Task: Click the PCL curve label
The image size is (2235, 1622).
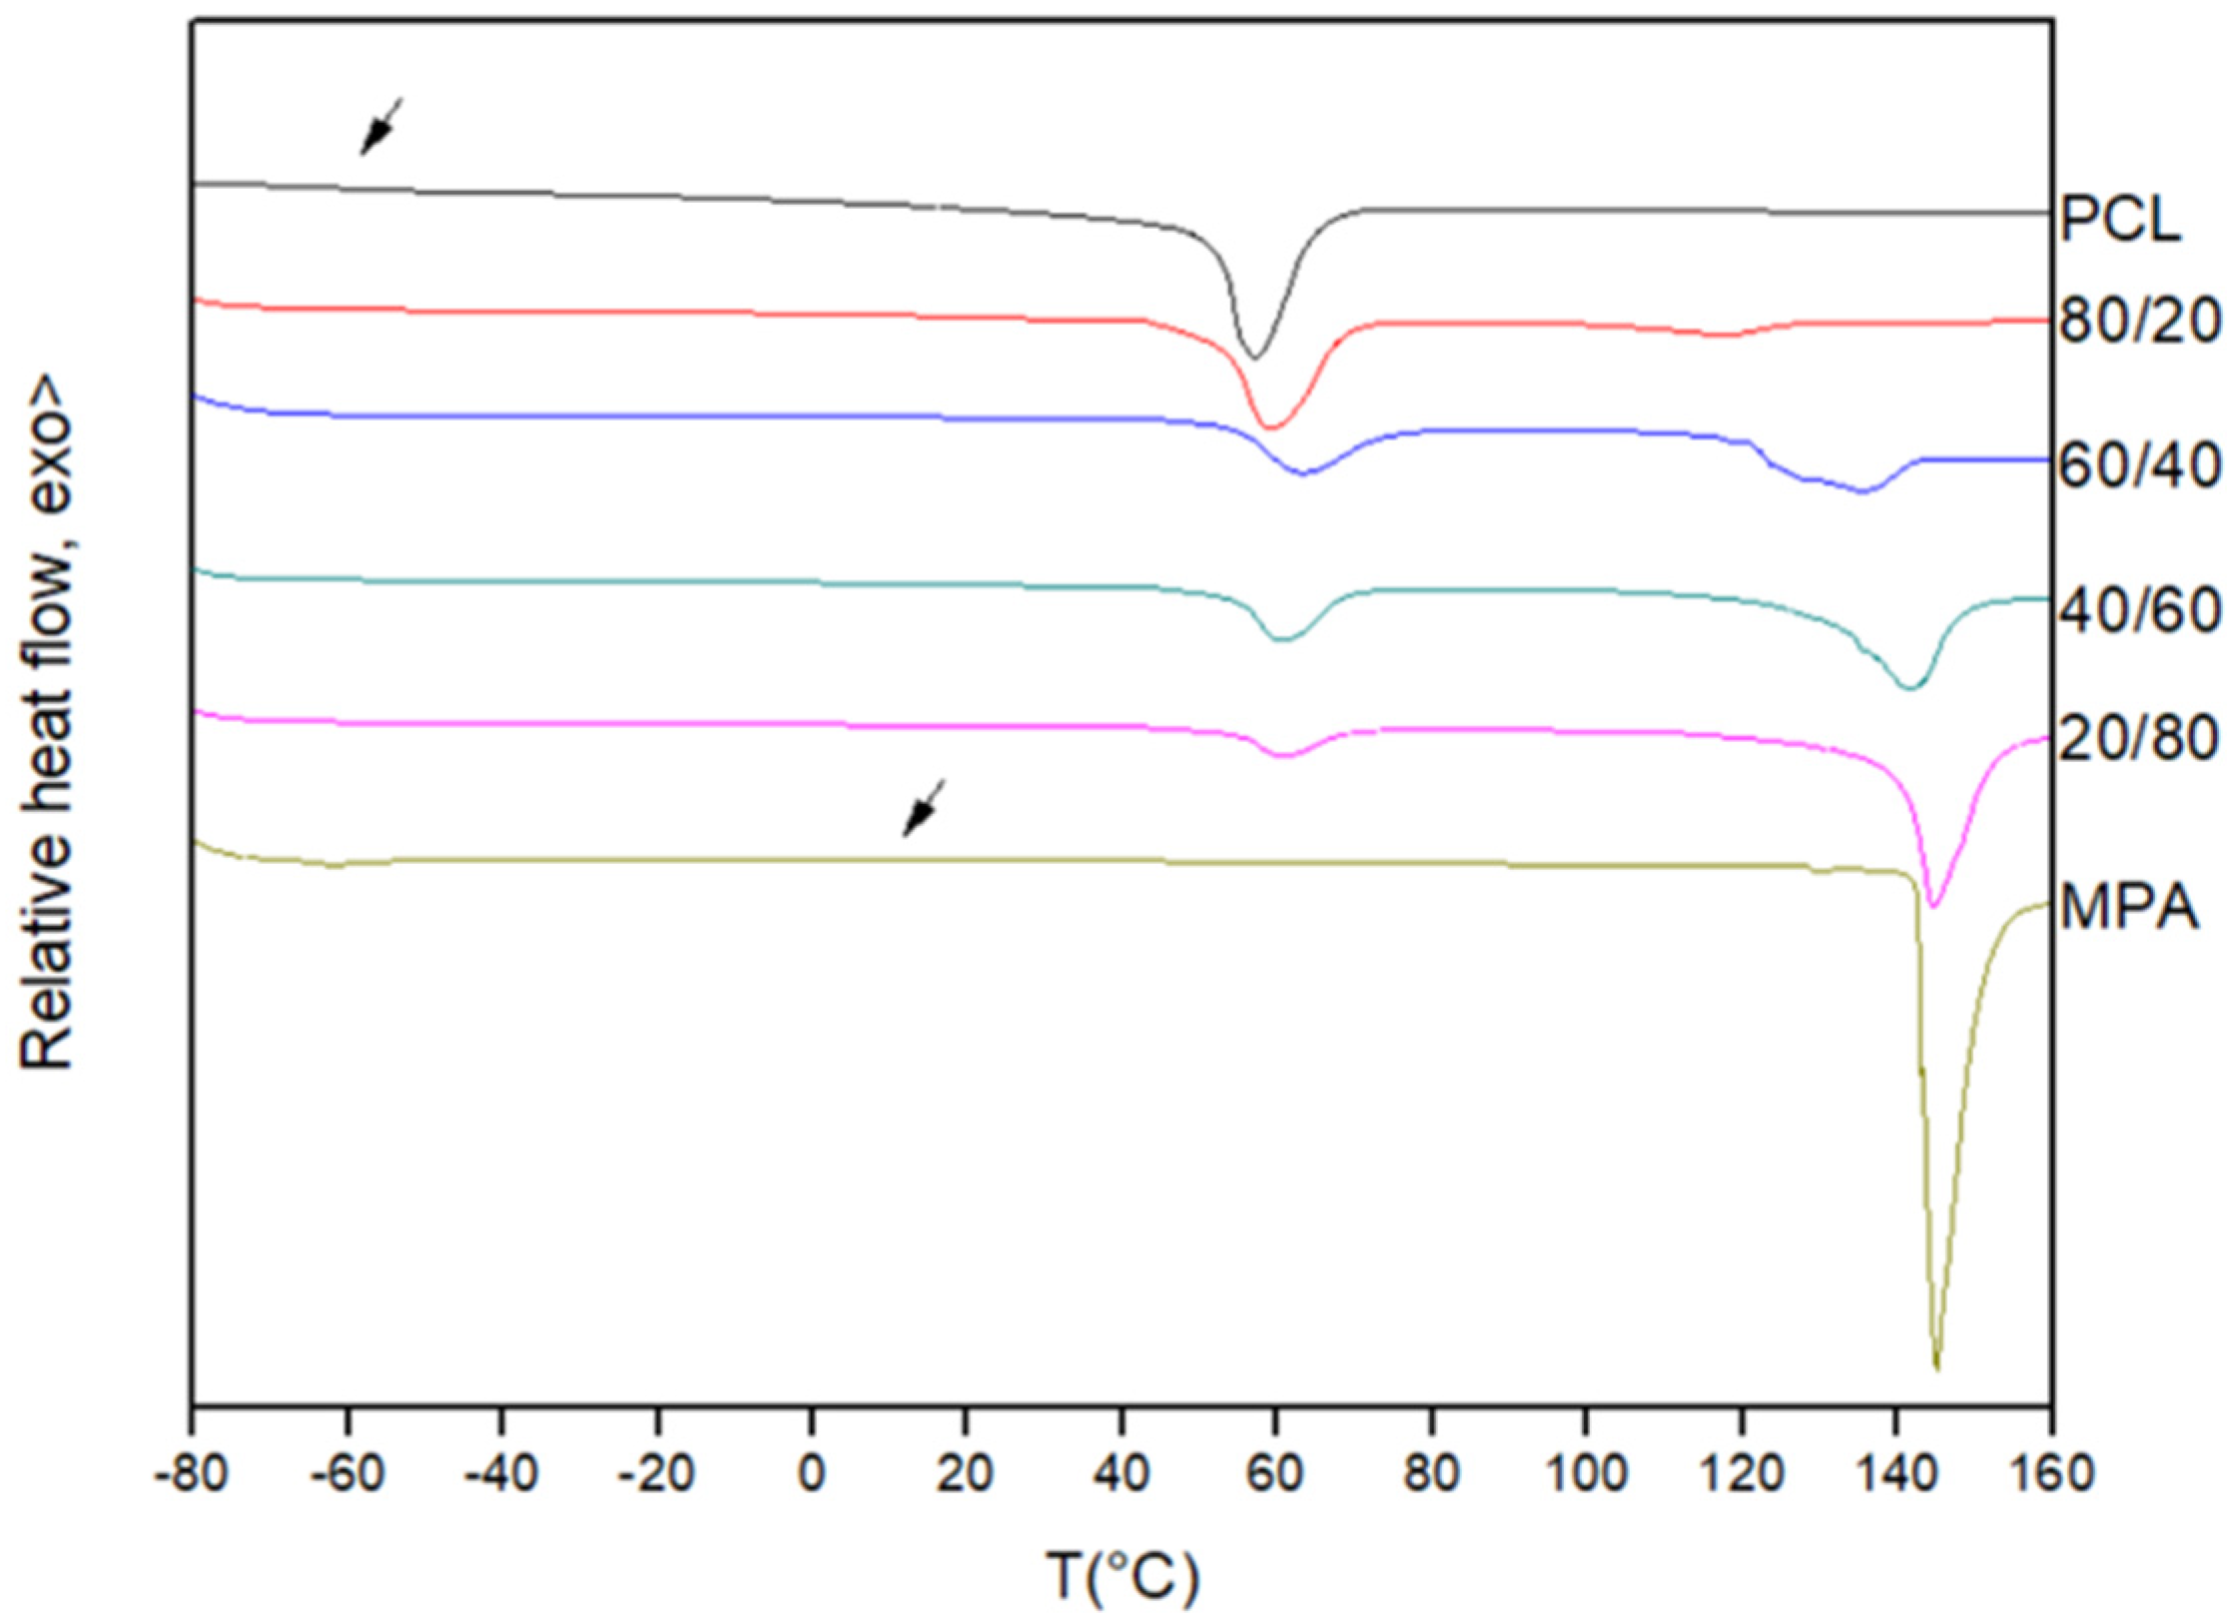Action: coord(2120,220)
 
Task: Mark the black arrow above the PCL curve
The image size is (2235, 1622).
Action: coord(380,127)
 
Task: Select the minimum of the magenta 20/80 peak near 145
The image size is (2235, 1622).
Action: coord(1933,906)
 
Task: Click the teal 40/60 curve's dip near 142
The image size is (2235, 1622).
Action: coord(1908,688)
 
